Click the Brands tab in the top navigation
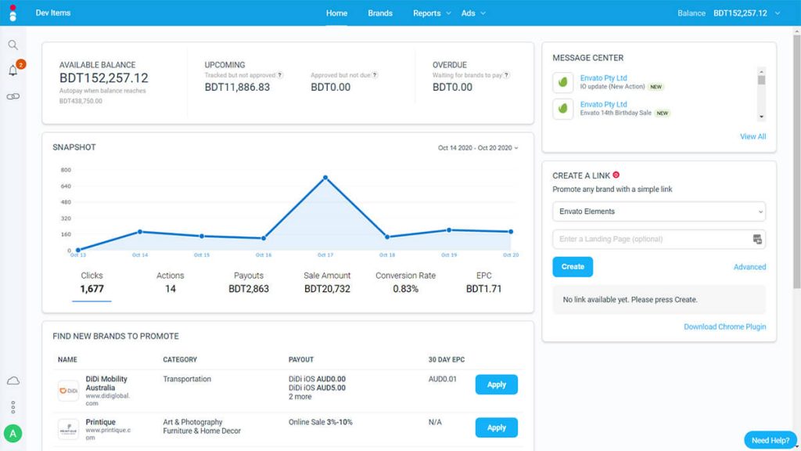[380, 13]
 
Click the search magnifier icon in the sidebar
[13, 45]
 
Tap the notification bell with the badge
[13, 71]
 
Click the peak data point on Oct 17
[325, 177]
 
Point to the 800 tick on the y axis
[66, 170]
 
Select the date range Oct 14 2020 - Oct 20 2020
[477, 148]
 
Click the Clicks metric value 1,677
[92, 289]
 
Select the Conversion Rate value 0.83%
[405, 289]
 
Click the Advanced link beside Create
[749, 267]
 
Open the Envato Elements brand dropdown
[659, 211]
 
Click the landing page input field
[651, 239]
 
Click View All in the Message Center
[753, 136]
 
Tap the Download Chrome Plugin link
[724, 327]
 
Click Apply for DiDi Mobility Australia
[496, 384]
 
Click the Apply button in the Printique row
[496, 428]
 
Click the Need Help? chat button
[770, 440]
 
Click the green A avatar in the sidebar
[13, 433]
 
